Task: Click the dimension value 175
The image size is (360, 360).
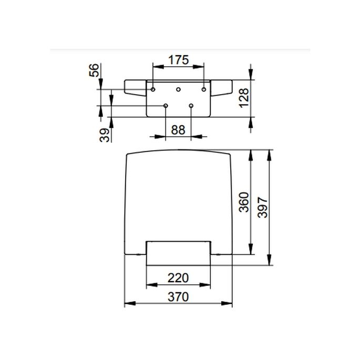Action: click(x=178, y=59)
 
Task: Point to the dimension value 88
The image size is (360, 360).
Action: click(x=178, y=130)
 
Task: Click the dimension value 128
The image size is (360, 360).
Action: click(x=244, y=97)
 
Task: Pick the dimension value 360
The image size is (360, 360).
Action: click(x=243, y=201)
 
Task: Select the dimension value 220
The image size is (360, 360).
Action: click(x=179, y=277)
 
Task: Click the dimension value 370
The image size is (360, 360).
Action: click(x=179, y=297)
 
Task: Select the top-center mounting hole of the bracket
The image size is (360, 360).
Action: click(x=178, y=89)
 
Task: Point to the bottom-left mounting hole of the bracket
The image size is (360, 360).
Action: click(x=166, y=106)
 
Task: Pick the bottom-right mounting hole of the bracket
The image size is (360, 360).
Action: click(x=191, y=106)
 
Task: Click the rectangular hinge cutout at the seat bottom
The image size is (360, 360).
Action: click(x=179, y=250)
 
